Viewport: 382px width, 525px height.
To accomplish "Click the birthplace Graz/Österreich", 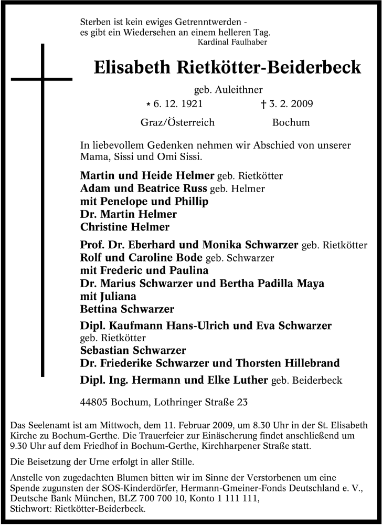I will [x=177, y=123].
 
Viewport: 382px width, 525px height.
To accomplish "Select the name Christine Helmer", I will [x=125, y=227].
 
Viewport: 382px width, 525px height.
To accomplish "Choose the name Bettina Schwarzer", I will [x=127, y=309].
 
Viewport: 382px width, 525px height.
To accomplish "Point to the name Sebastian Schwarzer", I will [x=133, y=350].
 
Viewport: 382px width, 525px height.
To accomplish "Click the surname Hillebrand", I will [x=300, y=363].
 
